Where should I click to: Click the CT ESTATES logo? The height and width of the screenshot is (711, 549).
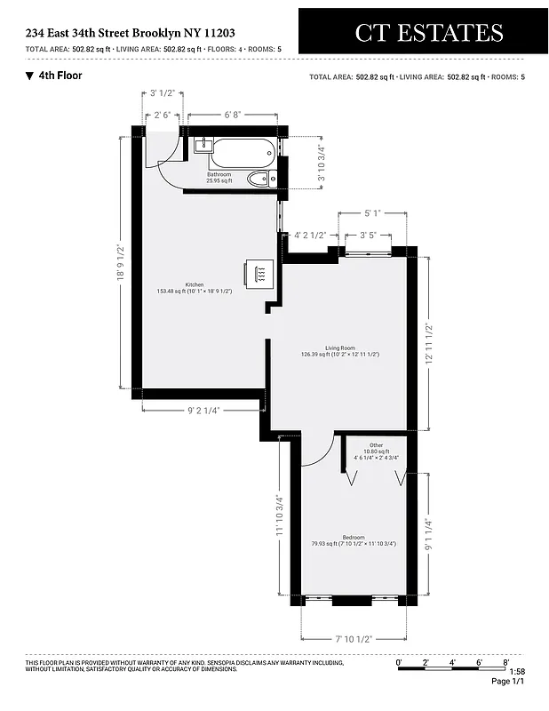428,33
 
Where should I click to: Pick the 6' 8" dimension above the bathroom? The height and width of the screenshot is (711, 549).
232,115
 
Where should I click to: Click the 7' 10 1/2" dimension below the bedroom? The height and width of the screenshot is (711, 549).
353,639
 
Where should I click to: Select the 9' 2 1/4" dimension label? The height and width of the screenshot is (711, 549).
203,411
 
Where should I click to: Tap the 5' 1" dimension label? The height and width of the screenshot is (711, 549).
372,213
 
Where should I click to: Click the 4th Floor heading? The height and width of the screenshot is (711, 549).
60,76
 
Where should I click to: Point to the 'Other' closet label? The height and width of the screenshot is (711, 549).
377,445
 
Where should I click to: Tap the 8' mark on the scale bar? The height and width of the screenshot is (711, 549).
505,661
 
